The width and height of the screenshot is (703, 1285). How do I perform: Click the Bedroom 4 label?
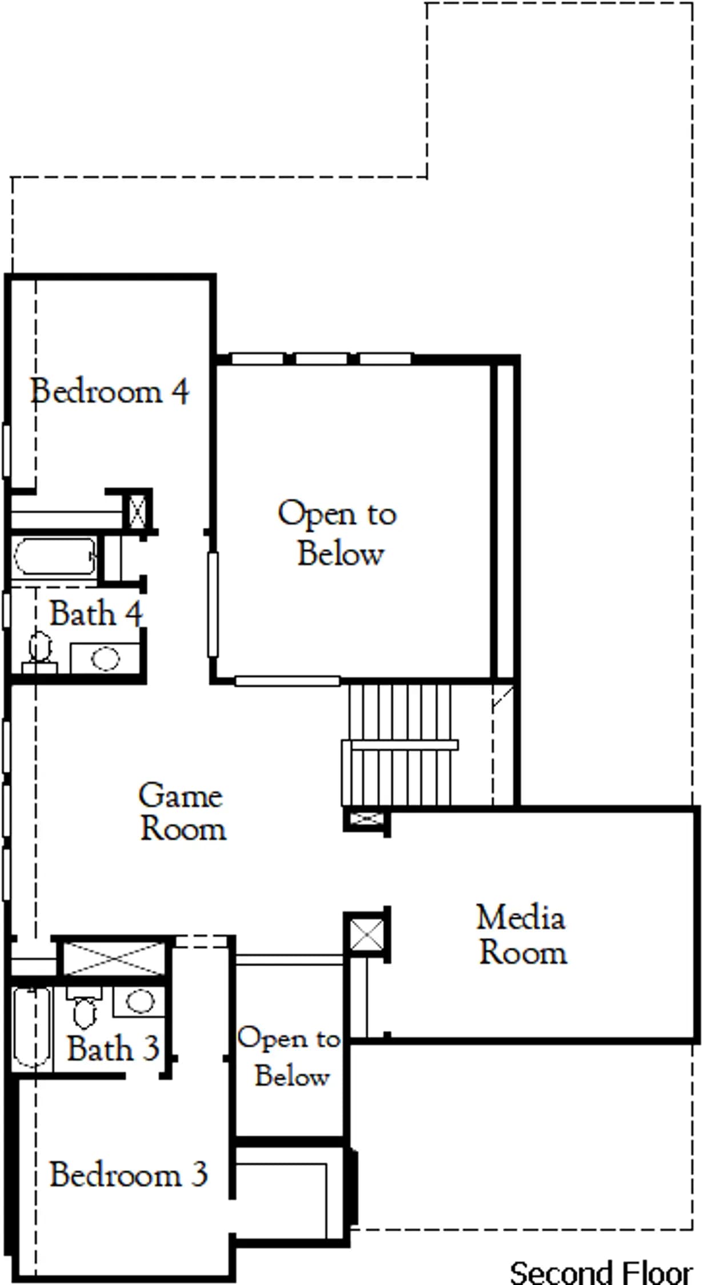[109, 392]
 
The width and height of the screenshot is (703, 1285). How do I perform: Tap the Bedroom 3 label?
[128, 1175]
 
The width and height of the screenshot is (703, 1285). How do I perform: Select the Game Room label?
[182, 812]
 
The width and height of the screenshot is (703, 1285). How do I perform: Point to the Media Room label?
[522, 935]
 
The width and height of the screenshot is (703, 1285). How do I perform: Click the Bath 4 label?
[95, 614]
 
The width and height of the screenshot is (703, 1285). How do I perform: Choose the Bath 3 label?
[113, 1049]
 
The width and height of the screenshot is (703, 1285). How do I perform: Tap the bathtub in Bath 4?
[55, 556]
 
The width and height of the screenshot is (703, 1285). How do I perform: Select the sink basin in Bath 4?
[105, 658]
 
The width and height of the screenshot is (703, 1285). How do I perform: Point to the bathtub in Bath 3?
[32, 1027]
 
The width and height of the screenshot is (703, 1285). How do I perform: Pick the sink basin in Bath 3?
[140, 1001]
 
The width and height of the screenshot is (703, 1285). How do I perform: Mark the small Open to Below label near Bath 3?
[290, 1057]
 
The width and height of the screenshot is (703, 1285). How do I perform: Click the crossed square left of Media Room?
[366, 935]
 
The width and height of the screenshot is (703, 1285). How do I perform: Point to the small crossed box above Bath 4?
[137, 511]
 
